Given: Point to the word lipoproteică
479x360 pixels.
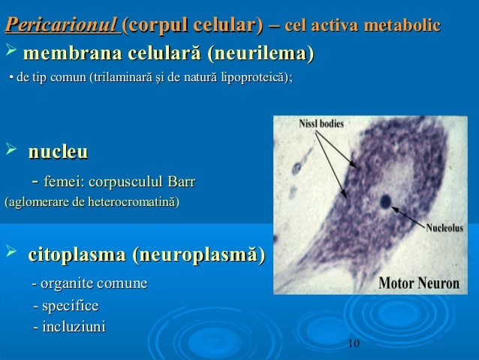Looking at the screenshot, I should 253,77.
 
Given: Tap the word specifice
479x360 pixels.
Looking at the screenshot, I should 71,307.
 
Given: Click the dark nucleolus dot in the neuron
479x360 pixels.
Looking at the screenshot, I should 385,201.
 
